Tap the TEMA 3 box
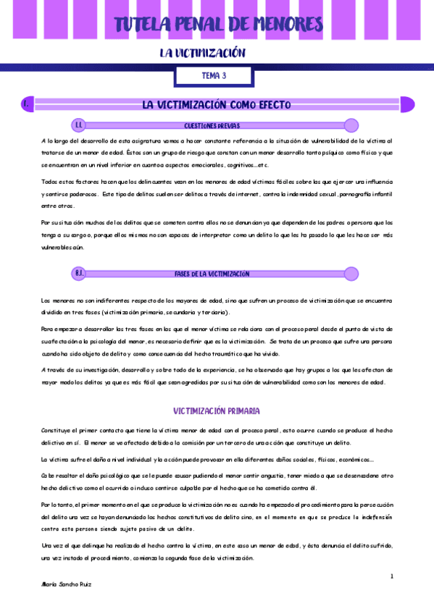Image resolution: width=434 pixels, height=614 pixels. [x=214, y=75]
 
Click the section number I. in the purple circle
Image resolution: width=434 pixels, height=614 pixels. [x=27, y=105]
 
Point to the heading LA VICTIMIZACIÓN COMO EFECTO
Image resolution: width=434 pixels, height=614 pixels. [x=217, y=105]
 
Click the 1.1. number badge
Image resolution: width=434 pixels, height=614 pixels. [x=79, y=125]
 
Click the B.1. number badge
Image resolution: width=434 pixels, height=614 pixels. [x=79, y=274]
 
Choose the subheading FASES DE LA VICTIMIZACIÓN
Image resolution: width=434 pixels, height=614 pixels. [x=212, y=274]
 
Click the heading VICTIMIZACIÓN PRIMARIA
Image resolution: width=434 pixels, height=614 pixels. [x=217, y=411]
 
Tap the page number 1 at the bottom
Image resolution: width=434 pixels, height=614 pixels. [x=391, y=576]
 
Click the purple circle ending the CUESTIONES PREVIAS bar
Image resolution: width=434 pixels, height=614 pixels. [x=351, y=125]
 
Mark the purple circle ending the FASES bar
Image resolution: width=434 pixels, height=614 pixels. [x=351, y=274]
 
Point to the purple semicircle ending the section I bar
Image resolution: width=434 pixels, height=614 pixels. [x=407, y=105]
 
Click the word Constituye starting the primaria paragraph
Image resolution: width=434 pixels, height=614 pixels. [x=56, y=430]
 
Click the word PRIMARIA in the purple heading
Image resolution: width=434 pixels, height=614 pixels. [x=243, y=411]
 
